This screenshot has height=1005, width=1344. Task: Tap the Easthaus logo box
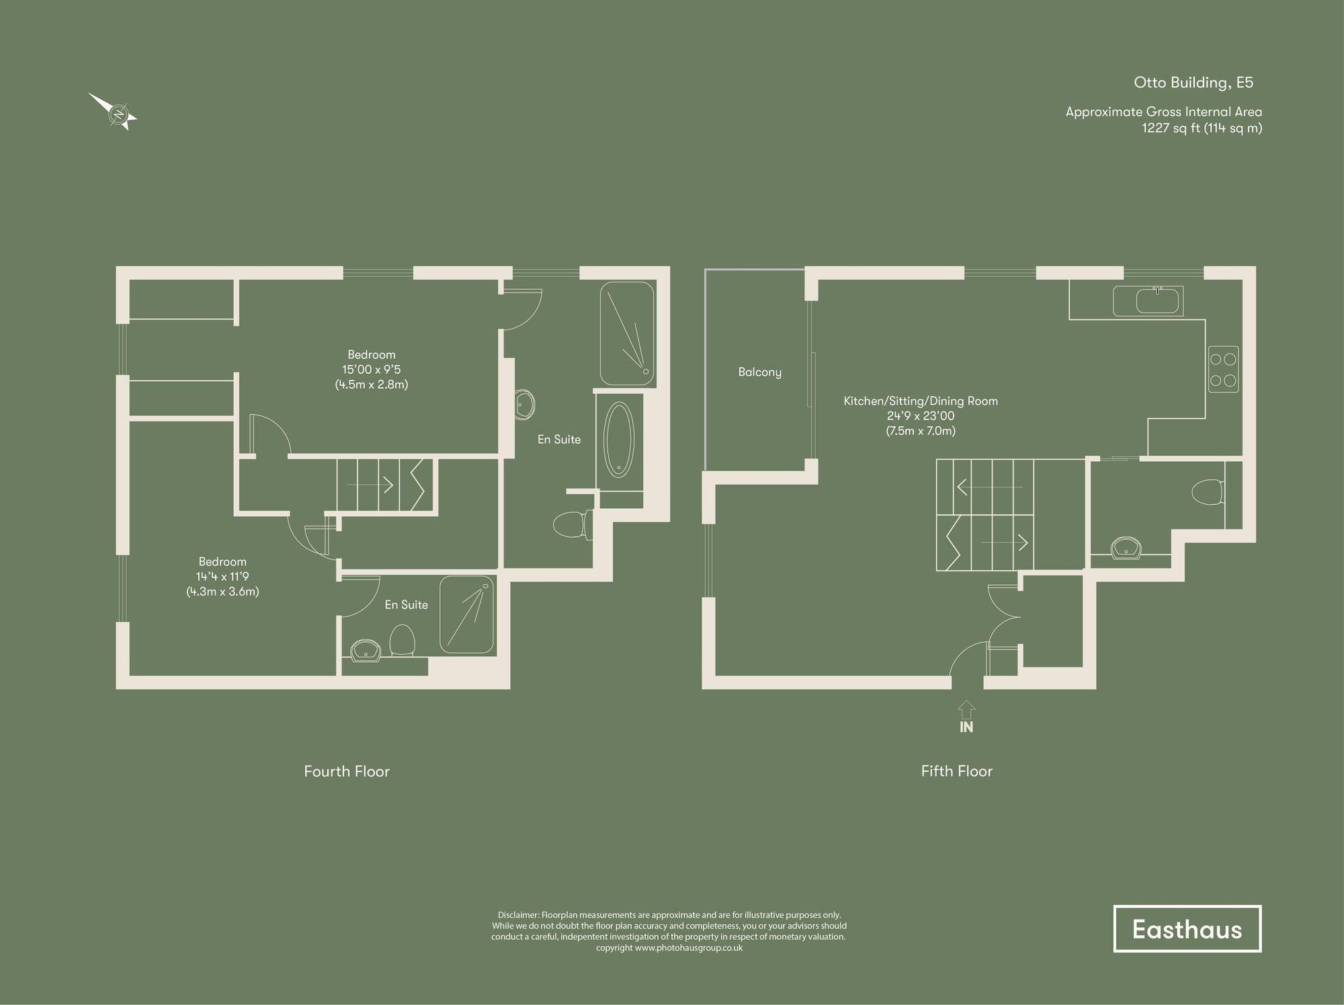click(x=1187, y=929)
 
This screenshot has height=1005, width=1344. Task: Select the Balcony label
click(x=759, y=372)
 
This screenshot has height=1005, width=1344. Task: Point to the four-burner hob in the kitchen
click(x=1223, y=369)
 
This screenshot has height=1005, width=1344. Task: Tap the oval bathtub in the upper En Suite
click(x=619, y=440)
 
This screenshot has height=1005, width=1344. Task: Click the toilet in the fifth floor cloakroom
click(x=1208, y=491)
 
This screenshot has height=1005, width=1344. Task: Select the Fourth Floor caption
click(x=347, y=772)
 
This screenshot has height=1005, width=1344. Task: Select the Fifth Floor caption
click(x=956, y=772)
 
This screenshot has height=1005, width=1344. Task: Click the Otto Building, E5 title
click(x=1193, y=83)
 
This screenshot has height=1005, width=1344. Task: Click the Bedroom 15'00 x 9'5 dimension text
click(x=371, y=370)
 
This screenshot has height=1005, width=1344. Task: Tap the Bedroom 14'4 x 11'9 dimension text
click(x=222, y=577)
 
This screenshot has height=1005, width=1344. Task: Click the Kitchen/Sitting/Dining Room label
click(x=921, y=401)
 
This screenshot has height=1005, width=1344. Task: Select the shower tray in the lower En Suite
click(x=467, y=614)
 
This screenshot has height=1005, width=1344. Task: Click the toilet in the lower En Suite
click(x=402, y=641)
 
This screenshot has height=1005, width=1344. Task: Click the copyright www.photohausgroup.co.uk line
click(x=669, y=948)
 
